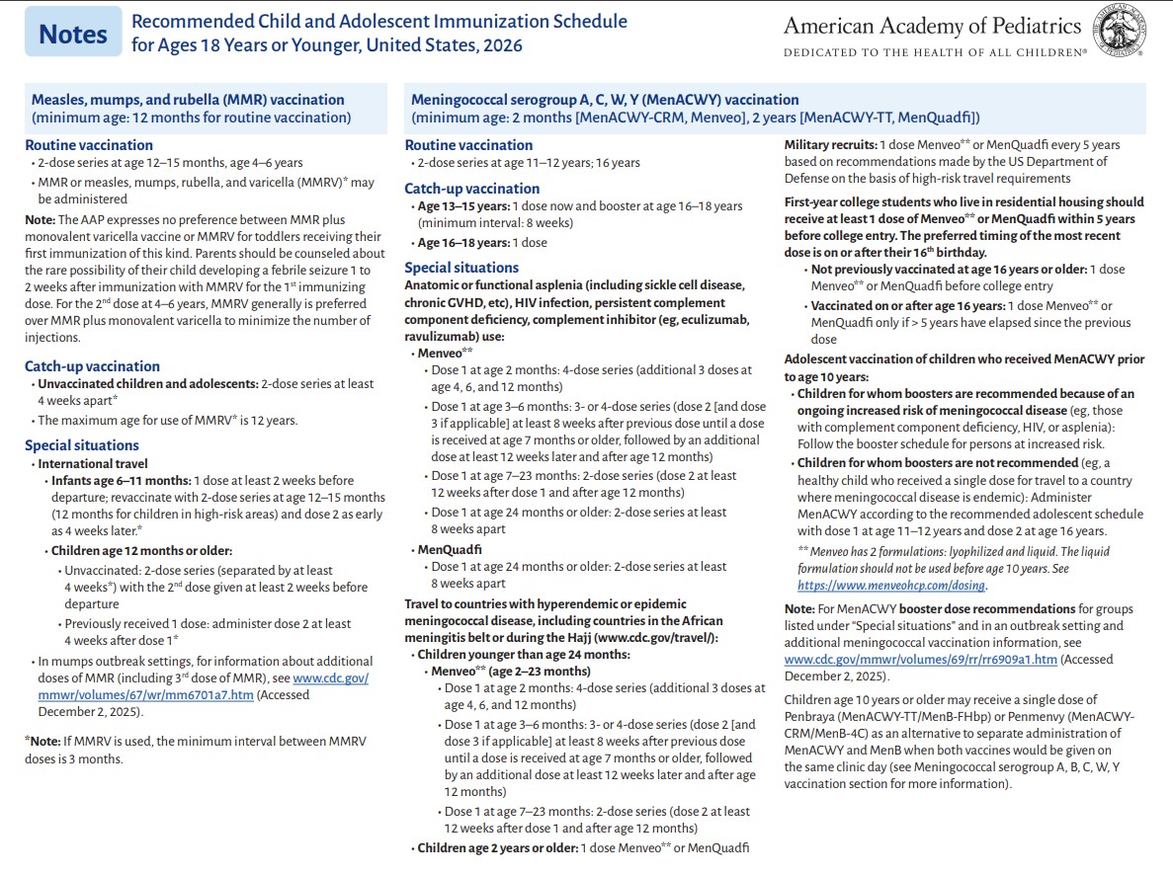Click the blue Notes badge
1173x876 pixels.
(x=72, y=33)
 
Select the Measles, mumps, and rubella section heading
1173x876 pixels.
(x=188, y=100)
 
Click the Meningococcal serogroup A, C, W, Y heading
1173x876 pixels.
(x=605, y=100)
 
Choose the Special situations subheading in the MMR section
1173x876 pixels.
(x=82, y=445)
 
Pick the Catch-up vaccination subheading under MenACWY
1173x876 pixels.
(x=472, y=189)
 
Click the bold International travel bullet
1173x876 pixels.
(x=93, y=463)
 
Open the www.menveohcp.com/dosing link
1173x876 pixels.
(x=890, y=585)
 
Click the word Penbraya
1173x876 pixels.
(x=811, y=716)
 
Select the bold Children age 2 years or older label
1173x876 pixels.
(x=496, y=847)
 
